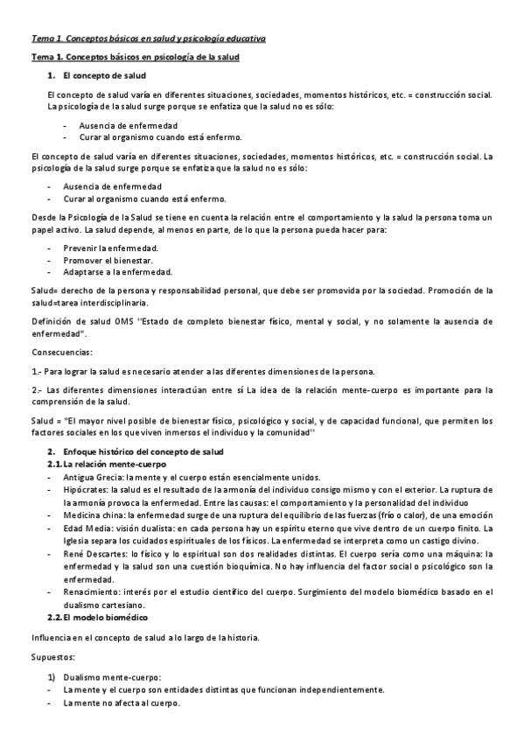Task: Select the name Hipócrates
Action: pyautogui.click(x=87, y=490)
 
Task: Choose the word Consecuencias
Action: pyautogui.click(x=60, y=352)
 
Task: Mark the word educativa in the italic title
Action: pyautogui.click(x=241, y=38)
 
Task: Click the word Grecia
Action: pyautogui.click(x=109, y=478)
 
